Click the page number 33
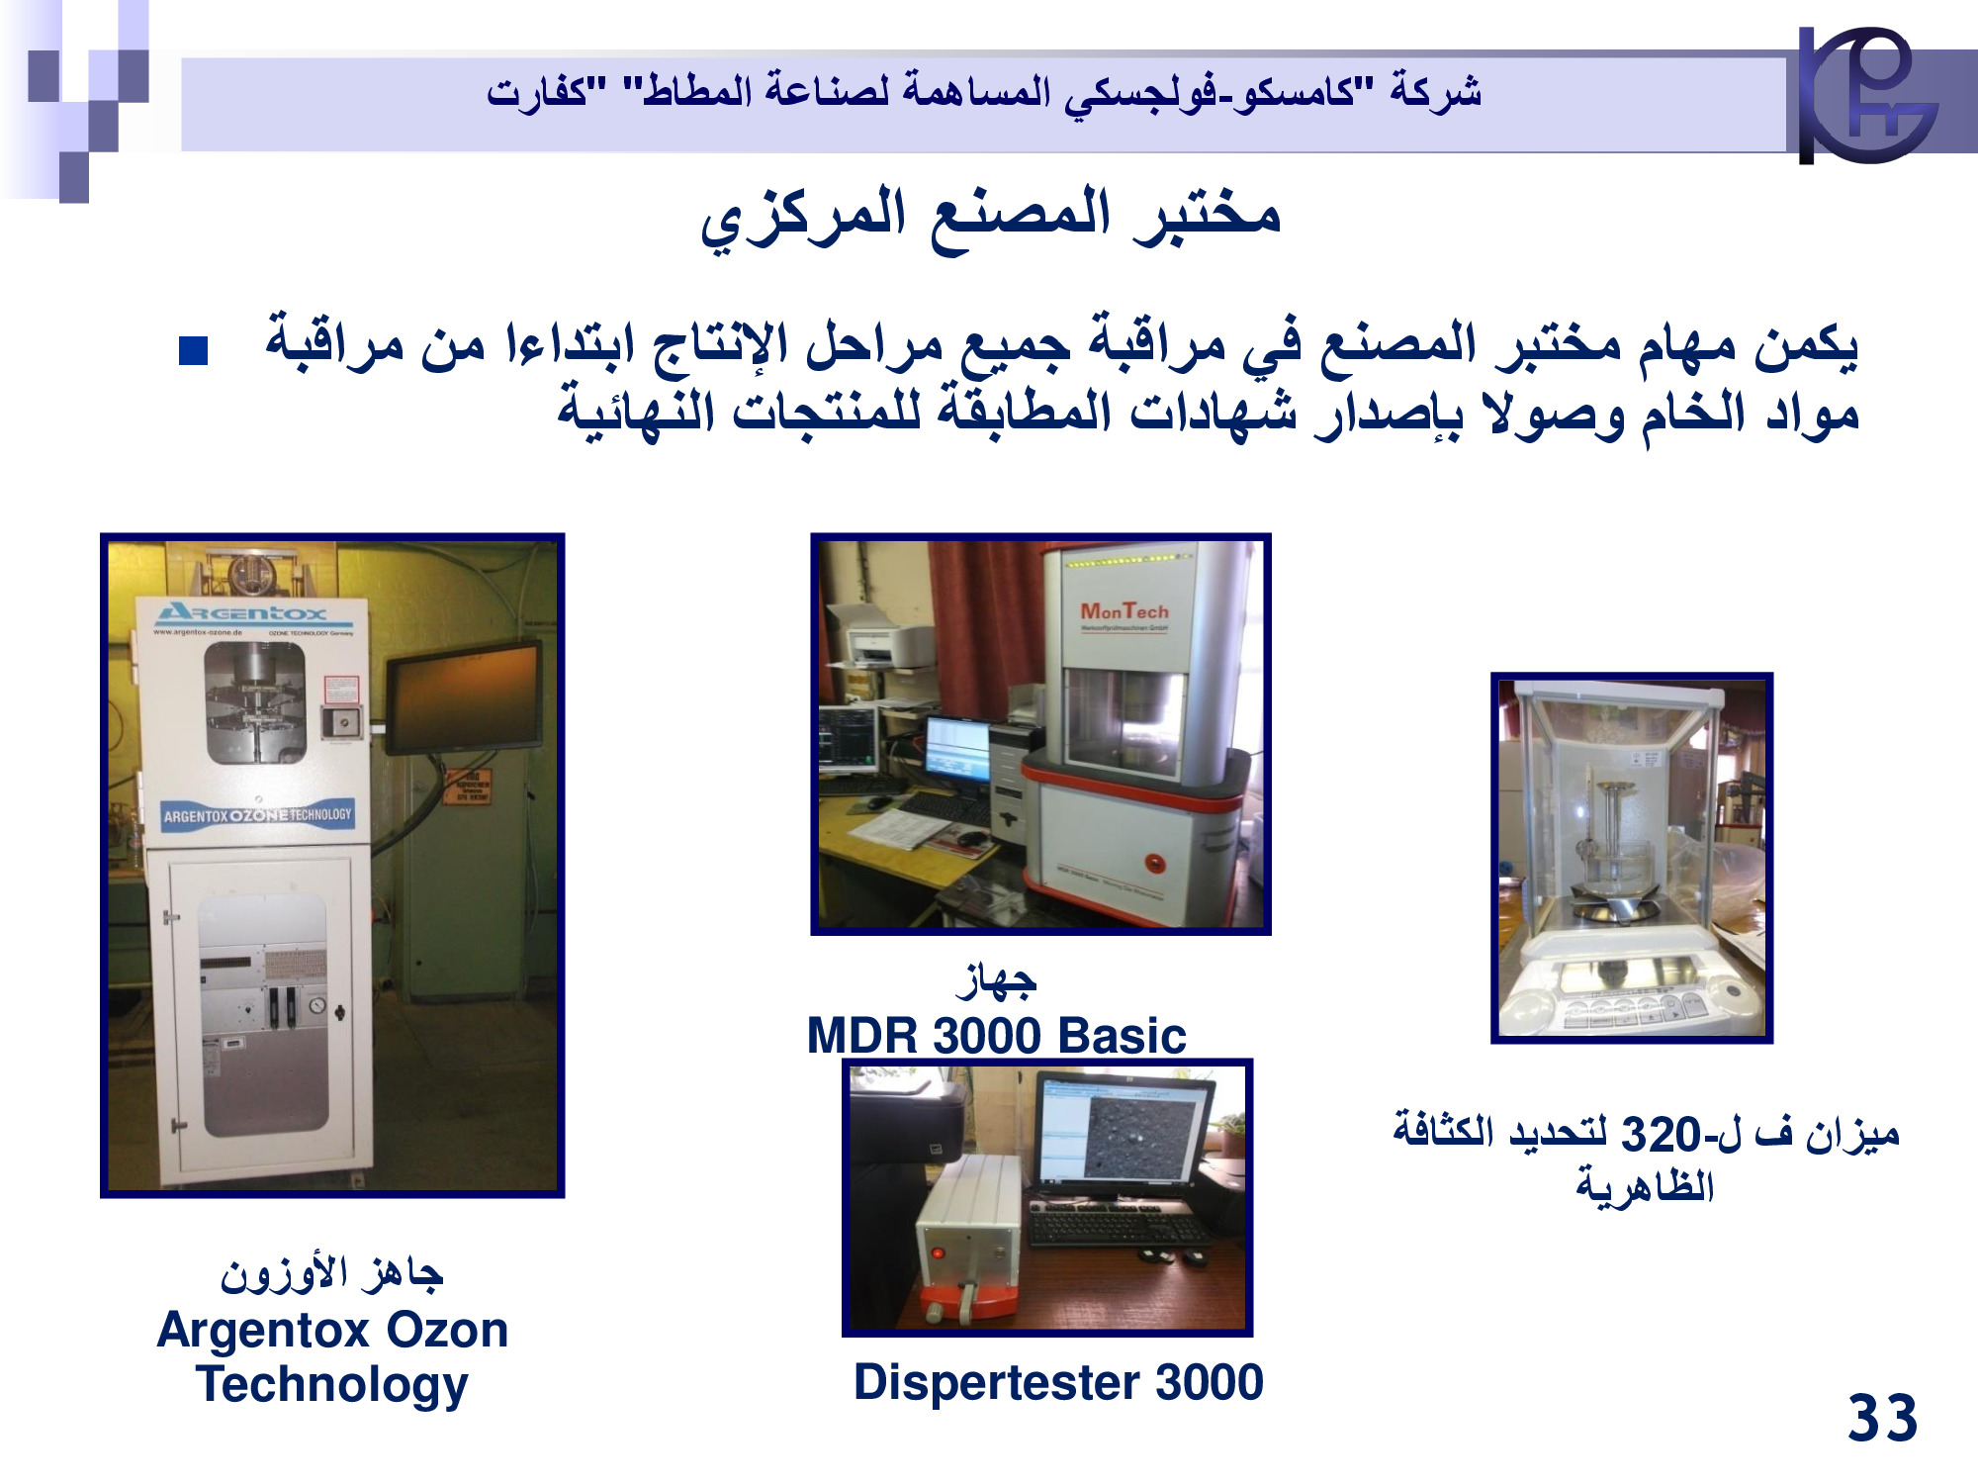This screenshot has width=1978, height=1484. pos(1881,1418)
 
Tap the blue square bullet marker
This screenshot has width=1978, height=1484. pos(193,351)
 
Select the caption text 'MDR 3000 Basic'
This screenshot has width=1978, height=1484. pos(996,1036)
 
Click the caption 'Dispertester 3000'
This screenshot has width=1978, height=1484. pos(1058,1382)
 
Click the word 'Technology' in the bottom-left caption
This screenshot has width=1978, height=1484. pos(332,1385)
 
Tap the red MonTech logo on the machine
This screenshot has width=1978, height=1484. pos(1124,612)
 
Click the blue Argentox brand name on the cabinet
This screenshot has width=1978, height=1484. pos(241,612)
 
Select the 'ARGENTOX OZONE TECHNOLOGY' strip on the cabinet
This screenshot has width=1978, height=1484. pos(257,815)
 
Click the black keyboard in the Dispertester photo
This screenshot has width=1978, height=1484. pos(1119,1228)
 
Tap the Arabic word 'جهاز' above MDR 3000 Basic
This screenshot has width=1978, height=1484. pos(996,980)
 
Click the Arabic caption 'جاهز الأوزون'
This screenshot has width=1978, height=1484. pos(331,1273)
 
